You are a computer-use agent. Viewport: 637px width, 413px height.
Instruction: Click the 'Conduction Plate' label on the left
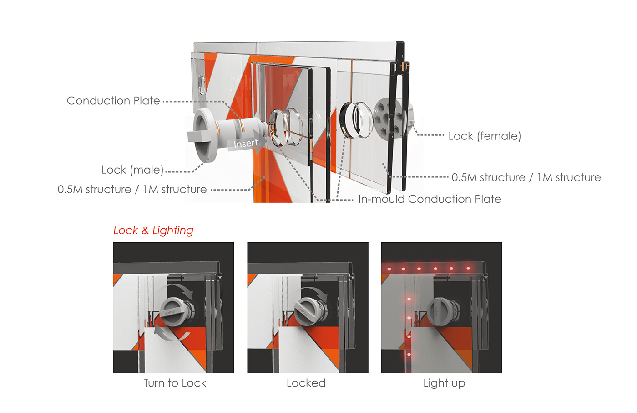(x=113, y=101)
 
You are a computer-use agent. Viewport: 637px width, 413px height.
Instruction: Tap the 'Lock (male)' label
(x=132, y=170)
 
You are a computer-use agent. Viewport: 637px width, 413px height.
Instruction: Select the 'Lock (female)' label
(x=485, y=136)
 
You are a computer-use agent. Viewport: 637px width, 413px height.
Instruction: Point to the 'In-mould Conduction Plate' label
(x=430, y=199)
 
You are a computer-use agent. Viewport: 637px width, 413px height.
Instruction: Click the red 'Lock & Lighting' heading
(x=153, y=230)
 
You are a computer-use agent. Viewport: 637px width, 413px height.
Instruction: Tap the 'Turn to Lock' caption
(x=175, y=383)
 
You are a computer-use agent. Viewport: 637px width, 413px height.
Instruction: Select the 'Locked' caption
(x=306, y=383)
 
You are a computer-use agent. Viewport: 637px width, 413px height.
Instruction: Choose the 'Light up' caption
(x=444, y=383)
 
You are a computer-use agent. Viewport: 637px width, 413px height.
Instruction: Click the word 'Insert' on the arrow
(x=246, y=144)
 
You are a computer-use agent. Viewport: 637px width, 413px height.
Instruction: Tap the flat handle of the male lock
(x=199, y=136)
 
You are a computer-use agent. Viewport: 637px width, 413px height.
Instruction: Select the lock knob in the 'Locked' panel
(x=308, y=312)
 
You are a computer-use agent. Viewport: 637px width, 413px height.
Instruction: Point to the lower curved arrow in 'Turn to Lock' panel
(x=171, y=335)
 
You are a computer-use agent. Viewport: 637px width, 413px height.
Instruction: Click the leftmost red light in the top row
(x=389, y=269)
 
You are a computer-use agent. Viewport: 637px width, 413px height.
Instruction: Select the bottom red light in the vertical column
(x=409, y=354)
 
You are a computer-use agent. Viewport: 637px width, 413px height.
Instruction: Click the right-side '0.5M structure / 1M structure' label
(x=526, y=177)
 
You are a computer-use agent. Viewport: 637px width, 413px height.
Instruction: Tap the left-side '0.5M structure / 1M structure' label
(x=132, y=190)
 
